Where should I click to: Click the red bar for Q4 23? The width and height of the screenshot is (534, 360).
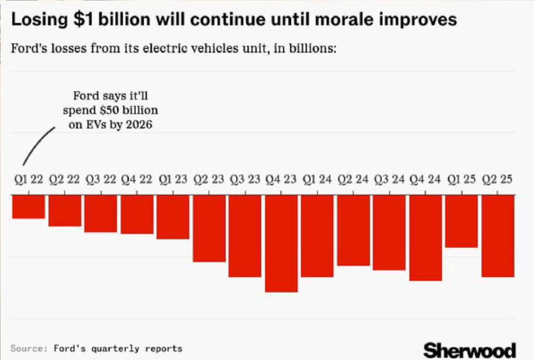pos(281,243)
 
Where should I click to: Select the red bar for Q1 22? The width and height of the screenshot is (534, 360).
pos(28,207)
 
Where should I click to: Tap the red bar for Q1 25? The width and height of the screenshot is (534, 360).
pos(462,221)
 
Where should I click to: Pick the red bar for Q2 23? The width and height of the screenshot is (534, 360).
pos(209,228)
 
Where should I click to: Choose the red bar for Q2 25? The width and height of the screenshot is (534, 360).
pos(498,236)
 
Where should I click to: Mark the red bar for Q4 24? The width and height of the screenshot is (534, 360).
pos(426,237)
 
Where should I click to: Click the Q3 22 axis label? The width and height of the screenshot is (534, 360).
pos(100,180)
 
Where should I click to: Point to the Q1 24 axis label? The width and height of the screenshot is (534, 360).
pos(317,180)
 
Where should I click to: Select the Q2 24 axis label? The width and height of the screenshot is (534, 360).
pos(353,180)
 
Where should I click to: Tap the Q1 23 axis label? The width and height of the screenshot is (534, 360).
pos(173,180)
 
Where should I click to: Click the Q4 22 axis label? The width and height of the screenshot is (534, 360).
pos(137,180)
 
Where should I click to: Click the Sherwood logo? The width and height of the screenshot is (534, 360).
pos(469,350)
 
